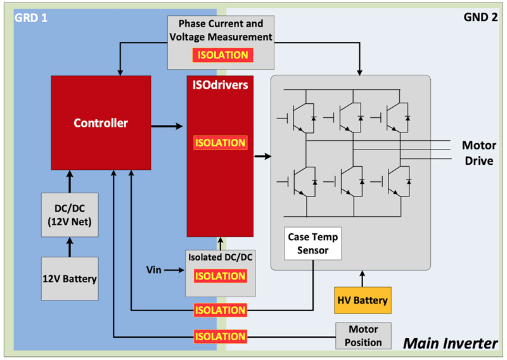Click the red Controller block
(x=100, y=123)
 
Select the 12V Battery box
(x=70, y=278)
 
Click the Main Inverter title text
(x=451, y=344)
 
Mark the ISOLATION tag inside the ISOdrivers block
(x=220, y=143)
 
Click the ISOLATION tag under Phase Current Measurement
(x=222, y=55)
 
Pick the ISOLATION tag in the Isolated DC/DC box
(x=220, y=276)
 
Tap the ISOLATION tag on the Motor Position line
(x=220, y=336)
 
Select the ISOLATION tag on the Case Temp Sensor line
(x=220, y=310)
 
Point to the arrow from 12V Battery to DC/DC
(x=70, y=246)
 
